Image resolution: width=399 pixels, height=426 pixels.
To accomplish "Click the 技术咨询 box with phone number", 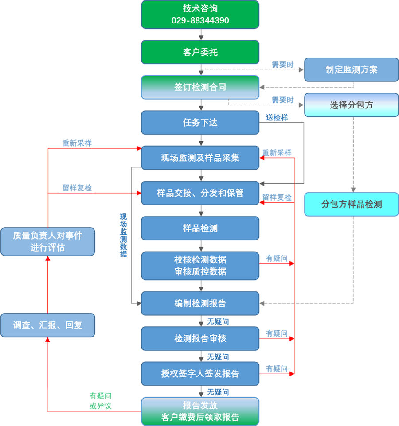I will [200, 15].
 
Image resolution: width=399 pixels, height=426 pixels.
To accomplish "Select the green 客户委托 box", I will [200, 52].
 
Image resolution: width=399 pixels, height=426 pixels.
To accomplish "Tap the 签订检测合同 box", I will [200, 87].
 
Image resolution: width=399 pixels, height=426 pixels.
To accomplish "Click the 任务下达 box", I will [200, 122].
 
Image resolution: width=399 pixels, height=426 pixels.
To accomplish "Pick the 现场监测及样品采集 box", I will [200, 158].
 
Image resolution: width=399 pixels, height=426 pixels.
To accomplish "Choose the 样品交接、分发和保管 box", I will [200, 193].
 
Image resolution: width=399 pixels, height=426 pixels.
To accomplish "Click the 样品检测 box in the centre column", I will [200, 228].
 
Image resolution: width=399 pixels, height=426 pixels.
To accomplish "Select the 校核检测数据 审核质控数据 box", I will [200, 265].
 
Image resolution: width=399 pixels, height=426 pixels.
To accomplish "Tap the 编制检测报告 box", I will [200, 303].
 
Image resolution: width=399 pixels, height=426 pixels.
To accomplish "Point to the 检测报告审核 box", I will [200, 338].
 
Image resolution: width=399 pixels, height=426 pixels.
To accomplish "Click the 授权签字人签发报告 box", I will [200, 374].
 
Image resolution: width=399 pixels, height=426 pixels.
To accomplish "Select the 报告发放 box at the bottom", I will [200, 411].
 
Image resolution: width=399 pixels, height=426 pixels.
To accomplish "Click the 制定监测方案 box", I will [352, 70].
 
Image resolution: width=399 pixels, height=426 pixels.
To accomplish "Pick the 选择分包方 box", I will [352, 105].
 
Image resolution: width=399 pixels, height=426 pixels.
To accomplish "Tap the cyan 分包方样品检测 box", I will [352, 204].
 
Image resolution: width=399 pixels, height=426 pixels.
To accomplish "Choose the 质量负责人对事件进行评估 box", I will [47, 241].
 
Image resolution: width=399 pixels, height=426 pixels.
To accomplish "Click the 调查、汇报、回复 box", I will [47, 325].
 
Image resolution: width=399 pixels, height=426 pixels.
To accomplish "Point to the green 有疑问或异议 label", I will [100, 401].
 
